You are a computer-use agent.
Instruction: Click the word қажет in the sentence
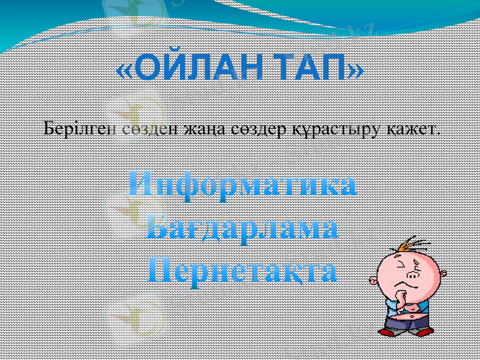[415, 128]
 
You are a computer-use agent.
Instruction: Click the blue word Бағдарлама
[242, 229]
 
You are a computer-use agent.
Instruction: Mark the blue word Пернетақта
[242, 271]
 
